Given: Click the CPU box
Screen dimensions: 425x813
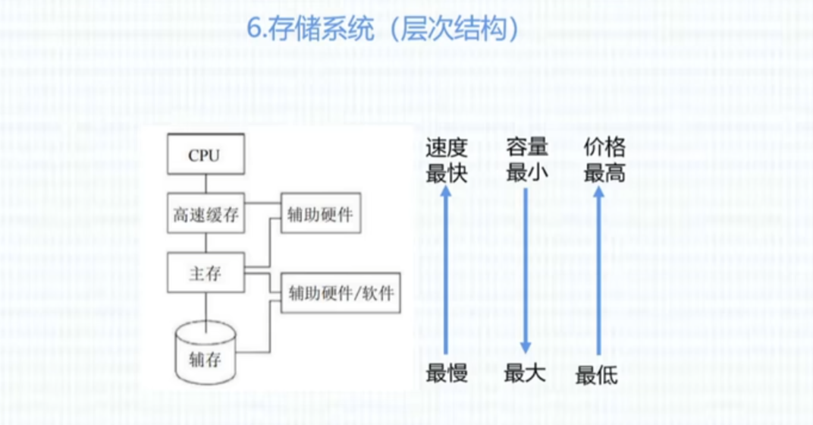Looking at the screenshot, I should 205,156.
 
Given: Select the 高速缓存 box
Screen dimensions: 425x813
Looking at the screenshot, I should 205,215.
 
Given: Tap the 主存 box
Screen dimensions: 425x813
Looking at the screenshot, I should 205,272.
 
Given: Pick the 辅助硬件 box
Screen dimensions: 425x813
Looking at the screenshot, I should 319,215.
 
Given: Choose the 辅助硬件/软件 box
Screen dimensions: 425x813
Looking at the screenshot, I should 341,292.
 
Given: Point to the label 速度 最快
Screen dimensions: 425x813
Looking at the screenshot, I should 446,161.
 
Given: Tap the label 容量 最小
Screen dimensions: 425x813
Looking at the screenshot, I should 526,161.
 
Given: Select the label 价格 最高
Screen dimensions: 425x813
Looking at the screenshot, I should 604,161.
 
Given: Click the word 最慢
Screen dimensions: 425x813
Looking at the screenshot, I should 447,373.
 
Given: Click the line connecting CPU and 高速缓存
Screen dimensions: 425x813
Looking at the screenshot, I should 205,184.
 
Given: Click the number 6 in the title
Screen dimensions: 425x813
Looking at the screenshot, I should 255,30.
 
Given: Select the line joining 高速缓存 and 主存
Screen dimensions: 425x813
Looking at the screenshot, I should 205,244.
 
